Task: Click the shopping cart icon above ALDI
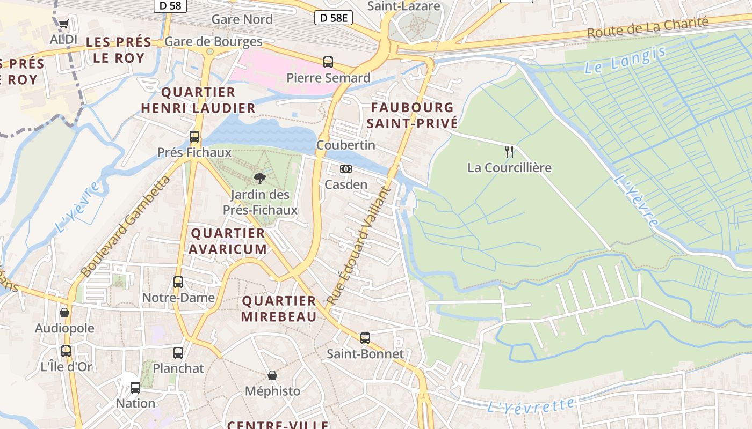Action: (64, 24)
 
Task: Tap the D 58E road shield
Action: (333, 18)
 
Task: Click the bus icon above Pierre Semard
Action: (328, 62)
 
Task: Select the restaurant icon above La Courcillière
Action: (509, 151)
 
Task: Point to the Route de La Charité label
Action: (647, 27)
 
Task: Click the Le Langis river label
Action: (625, 60)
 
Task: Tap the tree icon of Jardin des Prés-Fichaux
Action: (260, 179)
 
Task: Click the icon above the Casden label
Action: (346, 169)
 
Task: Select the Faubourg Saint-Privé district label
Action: (413, 115)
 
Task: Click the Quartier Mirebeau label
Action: (279, 309)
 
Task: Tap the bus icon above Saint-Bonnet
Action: (365, 338)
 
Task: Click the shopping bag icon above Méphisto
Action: (272, 375)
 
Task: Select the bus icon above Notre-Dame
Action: (178, 282)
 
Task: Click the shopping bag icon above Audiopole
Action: (64, 313)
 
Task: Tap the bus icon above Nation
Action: (135, 387)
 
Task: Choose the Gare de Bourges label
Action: (213, 41)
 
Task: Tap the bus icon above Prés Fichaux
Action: (194, 137)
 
